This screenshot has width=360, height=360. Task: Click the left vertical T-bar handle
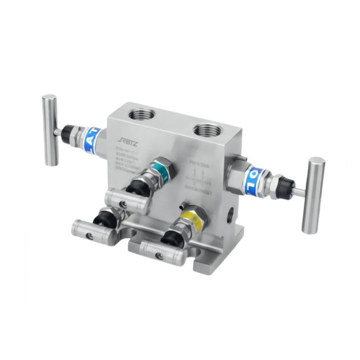coord(50,130)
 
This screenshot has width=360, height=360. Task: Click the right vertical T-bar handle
coord(313,195)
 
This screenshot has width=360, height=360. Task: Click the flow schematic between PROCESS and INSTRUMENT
coord(198,179)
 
